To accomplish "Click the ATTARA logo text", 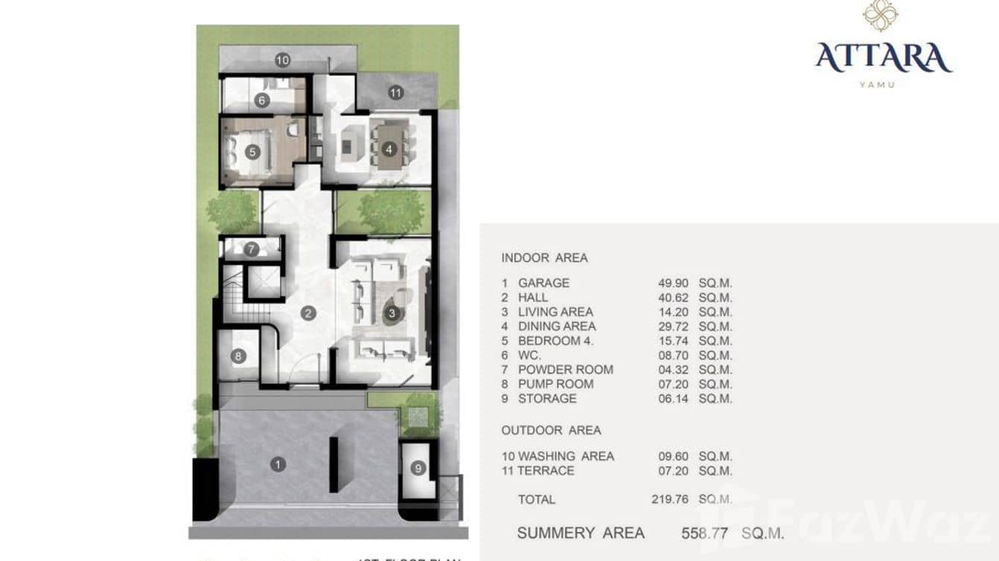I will (x=883, y=57).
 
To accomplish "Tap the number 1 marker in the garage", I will (x=278, y=464).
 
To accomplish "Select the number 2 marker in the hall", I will (x=307, y=313).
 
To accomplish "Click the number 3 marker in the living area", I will (x=392, y=313).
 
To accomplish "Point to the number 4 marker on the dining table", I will (x=389, y=149).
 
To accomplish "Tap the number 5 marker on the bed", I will (x=252, y=152).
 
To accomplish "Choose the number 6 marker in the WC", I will (x=261, y=100).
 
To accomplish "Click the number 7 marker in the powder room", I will (x=251, y=249).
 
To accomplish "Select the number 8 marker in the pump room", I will (x=238, y=356).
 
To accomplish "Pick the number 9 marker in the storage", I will (x=418, y=468).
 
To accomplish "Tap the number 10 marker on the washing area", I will (x=282, y=60).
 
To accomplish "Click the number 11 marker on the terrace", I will (x=395, y=93).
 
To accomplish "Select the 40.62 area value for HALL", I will (x=670, y=298).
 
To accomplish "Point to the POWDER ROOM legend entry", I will (x=565, y=370).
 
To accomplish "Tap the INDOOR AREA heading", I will (x=544, y=258).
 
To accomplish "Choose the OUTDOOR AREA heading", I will (x=551, y=430).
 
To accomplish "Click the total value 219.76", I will (x=670, y=499).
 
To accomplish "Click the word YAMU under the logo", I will (x=877, y=85).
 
